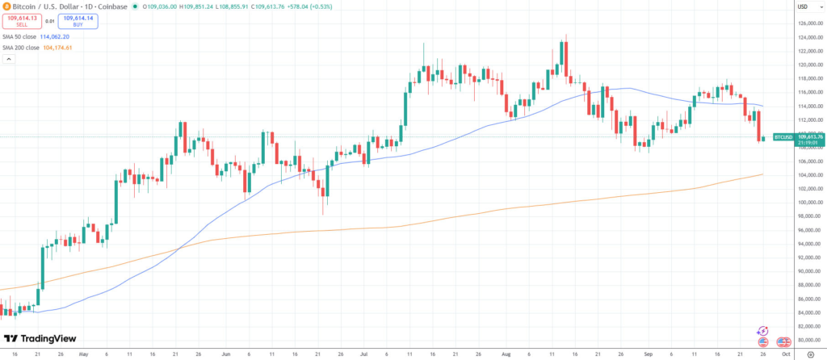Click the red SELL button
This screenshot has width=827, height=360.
(22, 22)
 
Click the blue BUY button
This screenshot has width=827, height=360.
(78, 22)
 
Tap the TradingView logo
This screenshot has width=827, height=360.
(40, 339)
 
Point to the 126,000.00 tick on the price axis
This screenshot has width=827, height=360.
(809, 23)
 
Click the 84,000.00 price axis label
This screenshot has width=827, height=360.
(809, 312)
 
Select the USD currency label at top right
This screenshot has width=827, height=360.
(803, 7)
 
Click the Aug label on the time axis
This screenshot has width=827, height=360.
(506, 354)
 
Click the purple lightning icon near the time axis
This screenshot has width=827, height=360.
(762, 331)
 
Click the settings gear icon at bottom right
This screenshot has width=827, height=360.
(809, 354)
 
